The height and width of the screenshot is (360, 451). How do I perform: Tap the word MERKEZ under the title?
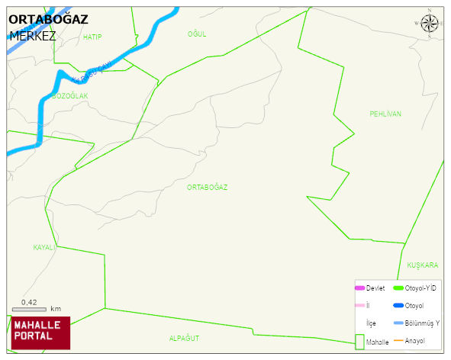33,36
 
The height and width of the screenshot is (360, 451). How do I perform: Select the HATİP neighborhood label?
92,37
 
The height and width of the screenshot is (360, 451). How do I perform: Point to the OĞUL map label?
197,34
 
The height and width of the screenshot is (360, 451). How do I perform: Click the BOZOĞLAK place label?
70,95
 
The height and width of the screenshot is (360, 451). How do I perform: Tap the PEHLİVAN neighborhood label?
385,114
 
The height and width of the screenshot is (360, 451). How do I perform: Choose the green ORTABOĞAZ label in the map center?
207,187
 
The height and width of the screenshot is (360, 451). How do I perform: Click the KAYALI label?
45,248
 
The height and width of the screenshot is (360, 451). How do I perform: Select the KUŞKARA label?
422,265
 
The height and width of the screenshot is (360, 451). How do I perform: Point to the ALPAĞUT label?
184,337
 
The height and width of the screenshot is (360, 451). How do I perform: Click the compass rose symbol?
430,24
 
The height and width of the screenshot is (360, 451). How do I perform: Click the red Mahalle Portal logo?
41,333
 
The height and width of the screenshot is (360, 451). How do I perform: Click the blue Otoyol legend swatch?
398,305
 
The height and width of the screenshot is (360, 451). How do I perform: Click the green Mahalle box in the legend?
359,342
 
